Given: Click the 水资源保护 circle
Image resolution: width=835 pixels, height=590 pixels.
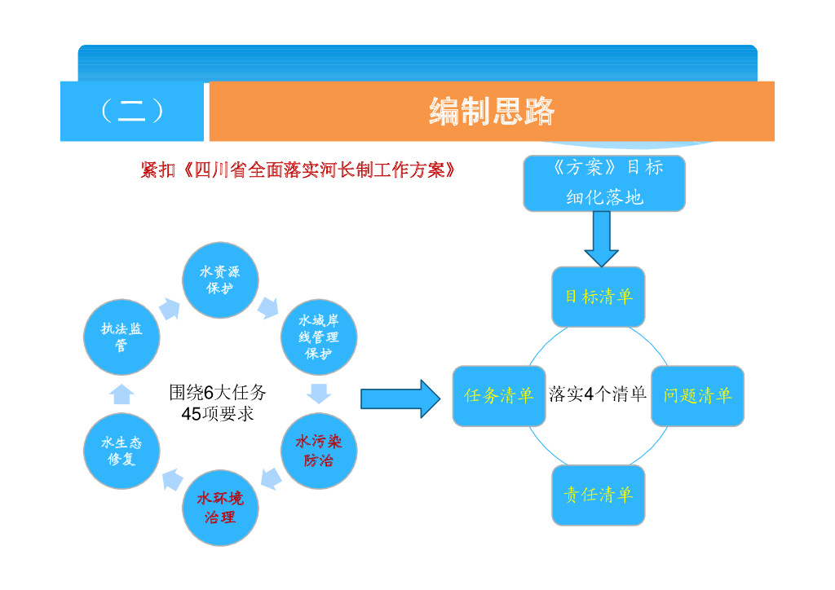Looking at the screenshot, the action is pos(220,280).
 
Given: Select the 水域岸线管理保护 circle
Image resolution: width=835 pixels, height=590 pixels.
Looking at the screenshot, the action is pos(319,337).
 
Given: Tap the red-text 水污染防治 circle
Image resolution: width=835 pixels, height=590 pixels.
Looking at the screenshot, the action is pos(319,451).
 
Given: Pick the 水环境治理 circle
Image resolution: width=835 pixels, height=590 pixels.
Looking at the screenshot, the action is pos(220,508).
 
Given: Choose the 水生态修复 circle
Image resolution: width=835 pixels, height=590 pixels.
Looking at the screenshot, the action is pos(122,451).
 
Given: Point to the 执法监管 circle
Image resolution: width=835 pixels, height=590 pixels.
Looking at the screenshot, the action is pos(122,337).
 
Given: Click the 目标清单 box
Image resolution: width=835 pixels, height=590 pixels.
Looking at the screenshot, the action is pos(599,297).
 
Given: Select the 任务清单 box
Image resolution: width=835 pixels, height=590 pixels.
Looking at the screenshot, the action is pos(499,396).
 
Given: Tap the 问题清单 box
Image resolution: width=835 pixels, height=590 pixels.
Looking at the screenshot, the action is pos(698,396).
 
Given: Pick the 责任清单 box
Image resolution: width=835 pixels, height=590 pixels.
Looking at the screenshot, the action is pos(599,495).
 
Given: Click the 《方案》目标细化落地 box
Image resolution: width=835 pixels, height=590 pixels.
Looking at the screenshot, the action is pos(604,183).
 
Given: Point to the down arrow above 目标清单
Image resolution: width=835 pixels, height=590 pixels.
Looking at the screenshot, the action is pos(601,239).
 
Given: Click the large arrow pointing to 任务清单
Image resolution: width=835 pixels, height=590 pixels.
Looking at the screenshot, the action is pos(400,398).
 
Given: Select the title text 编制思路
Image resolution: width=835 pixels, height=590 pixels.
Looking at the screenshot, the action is pos(492,111).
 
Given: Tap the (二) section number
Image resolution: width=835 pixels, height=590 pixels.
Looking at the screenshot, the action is pos(132,111).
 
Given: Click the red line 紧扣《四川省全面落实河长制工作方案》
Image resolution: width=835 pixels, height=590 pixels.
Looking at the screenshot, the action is pos(298,170).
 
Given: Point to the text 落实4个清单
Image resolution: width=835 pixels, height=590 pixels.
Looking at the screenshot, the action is pos(598,394).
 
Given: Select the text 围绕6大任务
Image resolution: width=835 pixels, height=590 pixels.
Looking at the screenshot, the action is pos(218,392).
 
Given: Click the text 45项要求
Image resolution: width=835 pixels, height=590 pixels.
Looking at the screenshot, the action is pos(218,413).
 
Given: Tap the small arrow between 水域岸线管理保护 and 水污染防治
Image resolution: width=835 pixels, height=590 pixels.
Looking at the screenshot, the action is pos(319,393).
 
